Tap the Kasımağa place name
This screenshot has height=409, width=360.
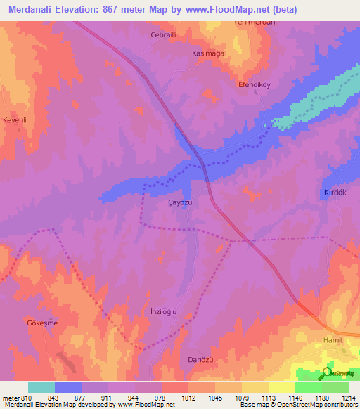pos(209,53)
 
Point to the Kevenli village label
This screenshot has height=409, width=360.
pos(15,120)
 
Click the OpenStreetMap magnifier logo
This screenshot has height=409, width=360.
pos(328,372)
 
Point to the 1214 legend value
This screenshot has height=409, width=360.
pos(349,397)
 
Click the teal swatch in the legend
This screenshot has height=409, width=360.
pos(41,387)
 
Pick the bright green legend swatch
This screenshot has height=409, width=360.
pos(308,387)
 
